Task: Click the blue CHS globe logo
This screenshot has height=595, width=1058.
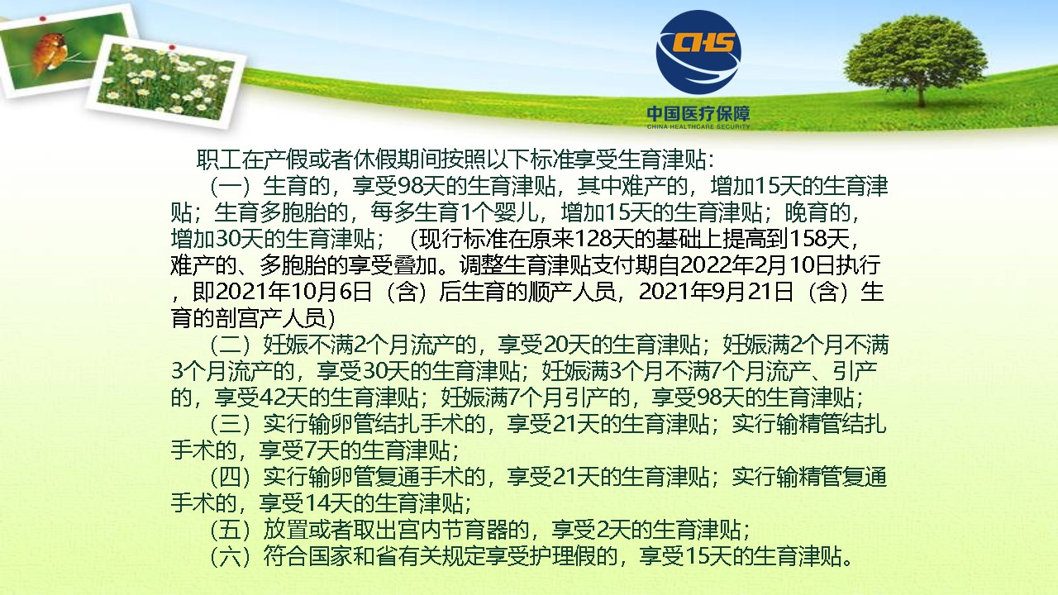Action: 698,52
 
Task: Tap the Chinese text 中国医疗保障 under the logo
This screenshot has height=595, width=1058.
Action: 698,114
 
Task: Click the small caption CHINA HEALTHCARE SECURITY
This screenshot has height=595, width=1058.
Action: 698,126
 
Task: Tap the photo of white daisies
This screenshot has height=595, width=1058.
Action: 166,80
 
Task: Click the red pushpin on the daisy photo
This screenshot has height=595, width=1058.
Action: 172,47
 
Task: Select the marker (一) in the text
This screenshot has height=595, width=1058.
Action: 230,187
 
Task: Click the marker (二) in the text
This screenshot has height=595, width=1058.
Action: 230,345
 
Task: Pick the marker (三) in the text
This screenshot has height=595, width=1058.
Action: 230,425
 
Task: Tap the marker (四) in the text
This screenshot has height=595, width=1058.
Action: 230,478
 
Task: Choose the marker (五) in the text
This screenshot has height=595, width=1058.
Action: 230,531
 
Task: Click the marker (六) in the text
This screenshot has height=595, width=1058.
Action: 230,557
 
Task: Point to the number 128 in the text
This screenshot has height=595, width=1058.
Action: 591,240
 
